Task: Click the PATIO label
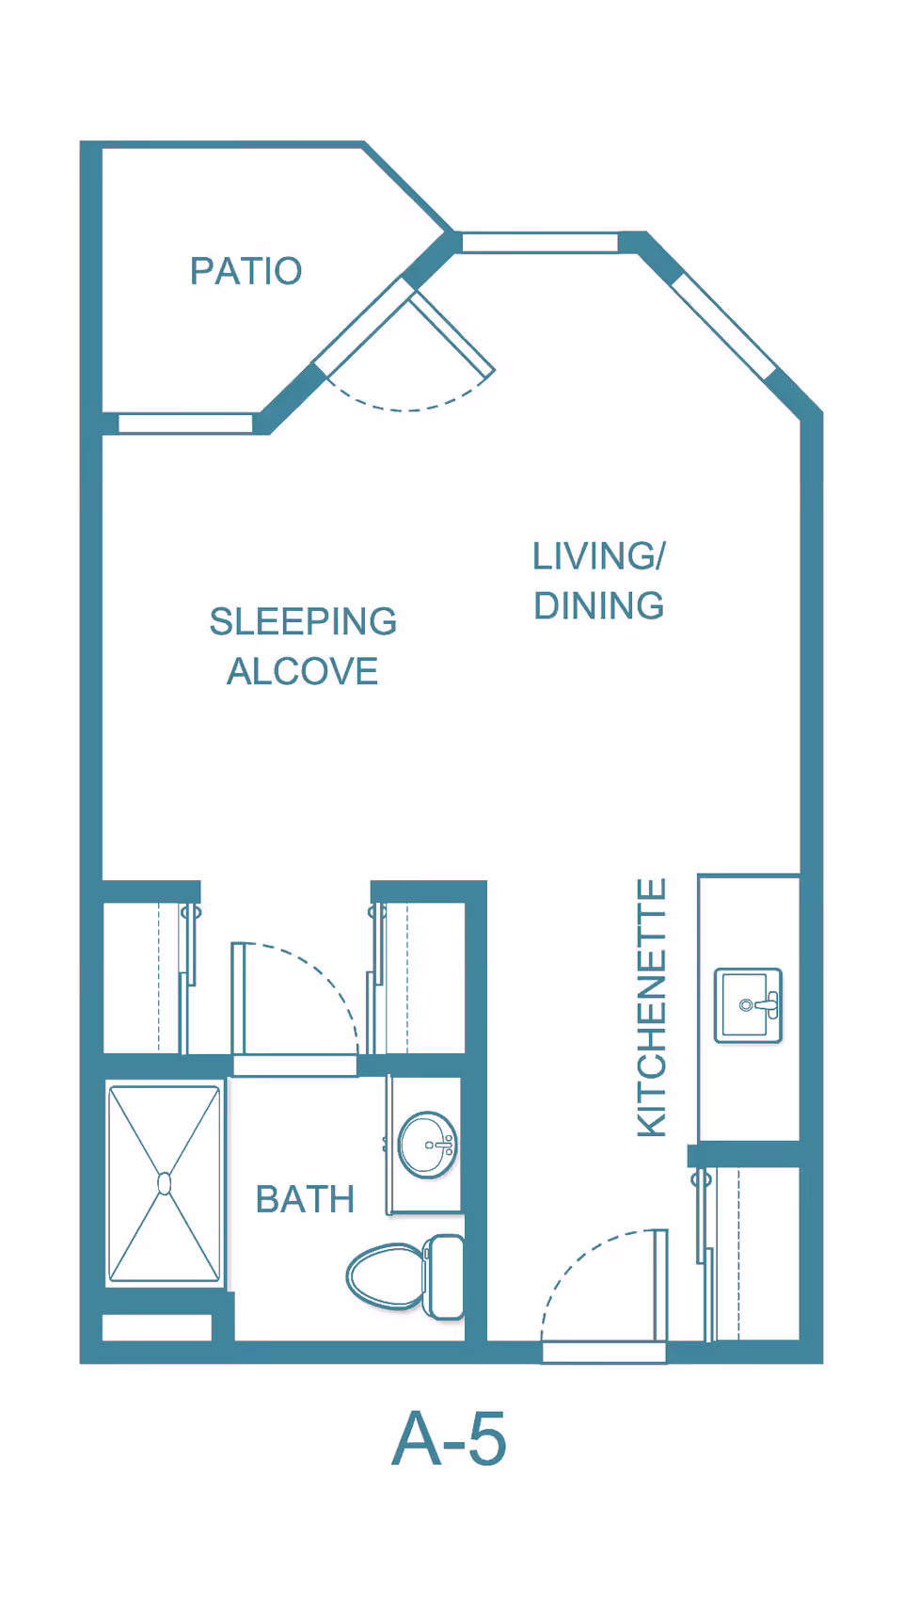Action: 246,271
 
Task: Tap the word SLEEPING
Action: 303,621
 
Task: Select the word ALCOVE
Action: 303,671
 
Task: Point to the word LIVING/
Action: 599,556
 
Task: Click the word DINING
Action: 599,605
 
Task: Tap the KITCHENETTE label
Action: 651,1007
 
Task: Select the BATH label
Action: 306,1199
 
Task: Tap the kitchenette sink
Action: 749,1004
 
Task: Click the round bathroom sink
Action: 428,1145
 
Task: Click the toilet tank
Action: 443,1276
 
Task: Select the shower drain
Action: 165,1184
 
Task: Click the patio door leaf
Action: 451,333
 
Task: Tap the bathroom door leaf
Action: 238,999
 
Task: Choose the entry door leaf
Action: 661,1285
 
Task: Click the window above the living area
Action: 540,243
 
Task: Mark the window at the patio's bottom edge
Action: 185,424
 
